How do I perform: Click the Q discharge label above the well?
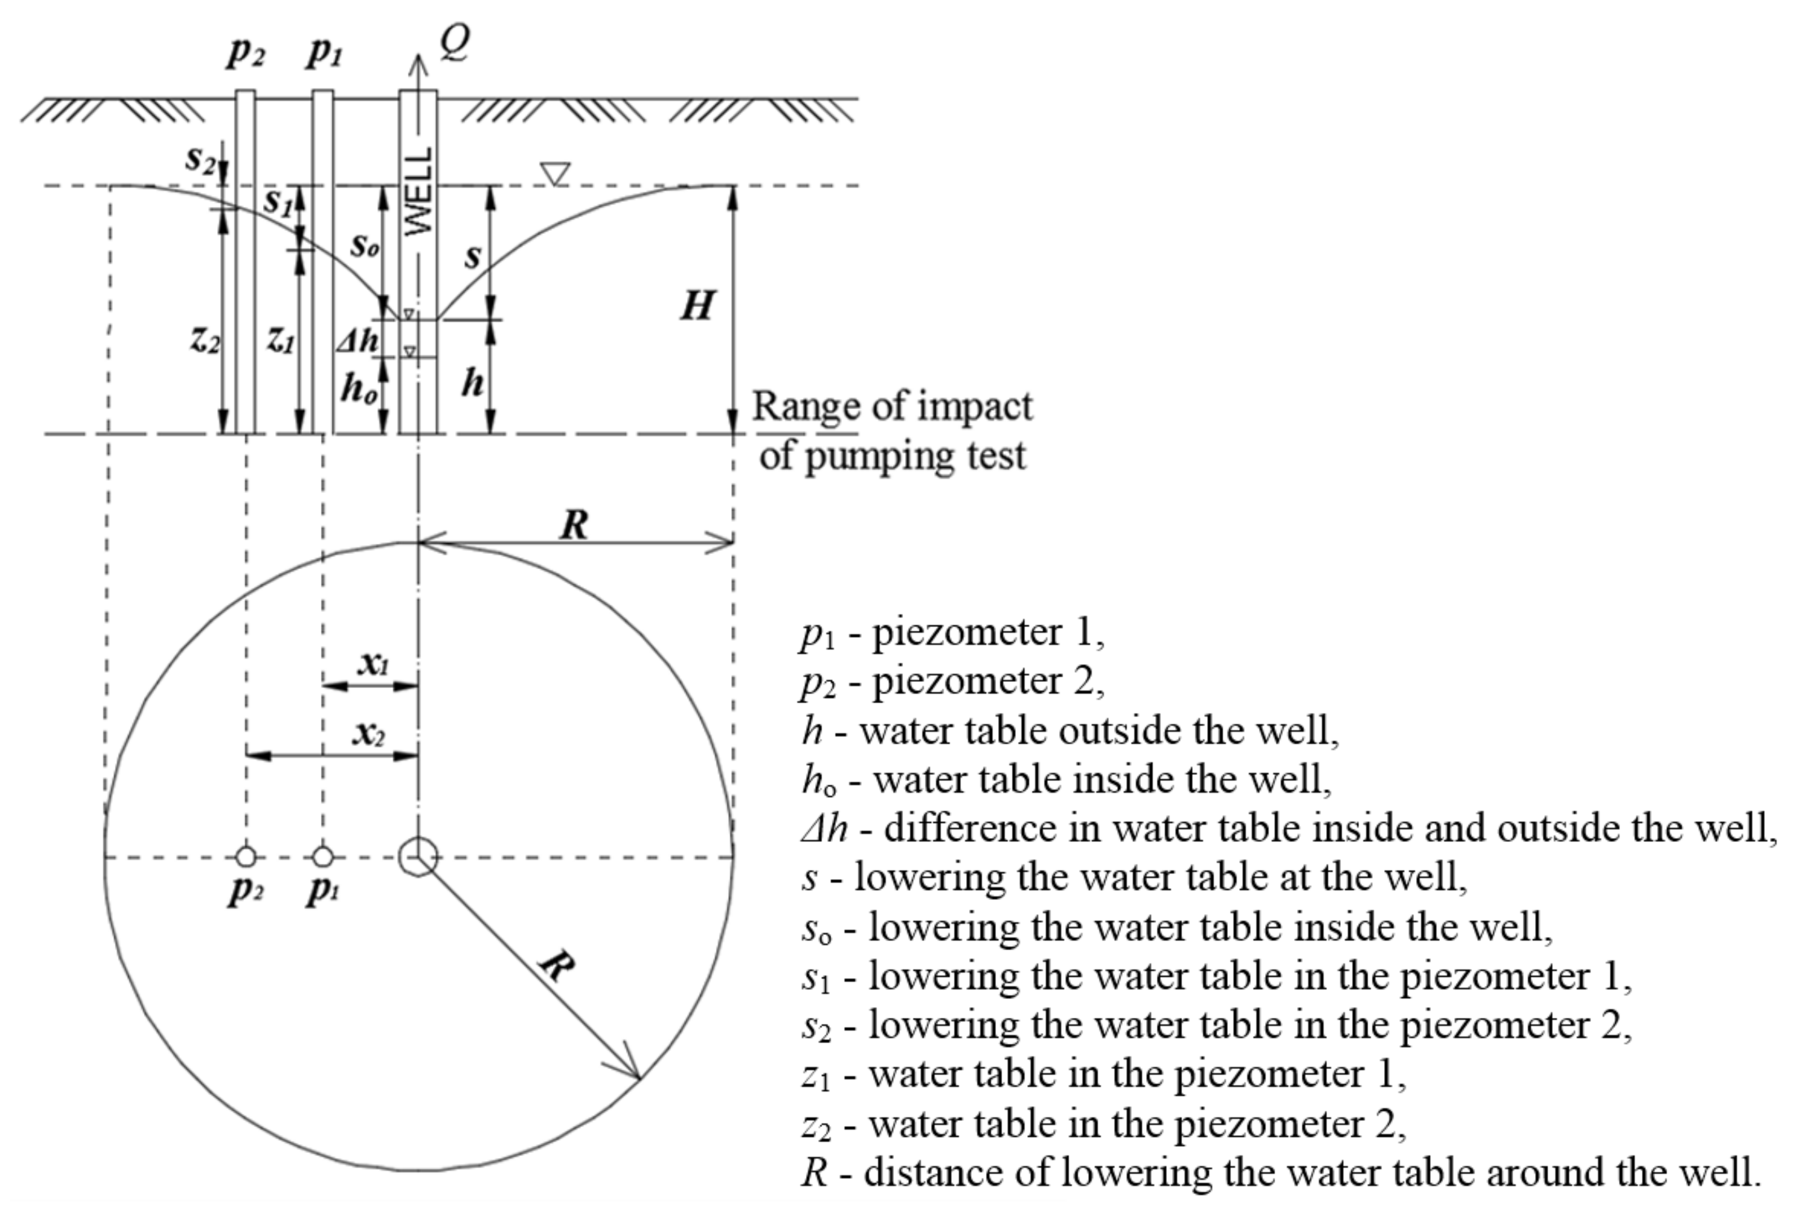point(455,43)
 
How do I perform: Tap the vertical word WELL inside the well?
point(418,192)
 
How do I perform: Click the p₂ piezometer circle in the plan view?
point(246,857)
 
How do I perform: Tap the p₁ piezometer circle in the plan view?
point(323,857)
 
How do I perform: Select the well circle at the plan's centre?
point(418,857)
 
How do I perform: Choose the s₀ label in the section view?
point(365,246)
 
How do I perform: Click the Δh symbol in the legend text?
point(824,828)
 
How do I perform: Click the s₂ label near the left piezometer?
point(201,159)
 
